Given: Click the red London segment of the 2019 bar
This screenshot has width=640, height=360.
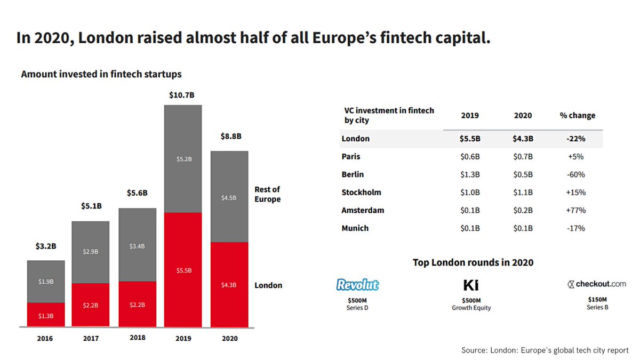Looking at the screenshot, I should click(183, 269).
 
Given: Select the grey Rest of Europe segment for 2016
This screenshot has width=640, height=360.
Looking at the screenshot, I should click(46, 282).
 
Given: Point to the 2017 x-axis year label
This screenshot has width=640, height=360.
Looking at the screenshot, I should click(91, 338).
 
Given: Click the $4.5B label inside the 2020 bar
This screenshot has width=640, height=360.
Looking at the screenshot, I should click(229, 197).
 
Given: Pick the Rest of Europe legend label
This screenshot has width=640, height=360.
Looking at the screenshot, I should click(268, 194).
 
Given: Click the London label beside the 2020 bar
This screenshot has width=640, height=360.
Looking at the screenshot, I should click(268, 285).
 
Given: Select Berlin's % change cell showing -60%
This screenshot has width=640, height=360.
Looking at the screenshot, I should click(577, 174).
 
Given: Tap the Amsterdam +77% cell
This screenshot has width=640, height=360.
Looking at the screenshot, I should click(577, 210).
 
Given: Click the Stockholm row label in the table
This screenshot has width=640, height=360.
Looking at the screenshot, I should click(361, 193).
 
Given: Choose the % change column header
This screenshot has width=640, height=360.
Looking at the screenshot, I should click(577, 115).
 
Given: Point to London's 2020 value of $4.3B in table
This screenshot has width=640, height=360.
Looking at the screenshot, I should click(523, 139).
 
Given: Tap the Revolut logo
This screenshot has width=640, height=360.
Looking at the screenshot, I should click(357, 285).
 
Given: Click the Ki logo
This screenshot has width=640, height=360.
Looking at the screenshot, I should click(470, 285).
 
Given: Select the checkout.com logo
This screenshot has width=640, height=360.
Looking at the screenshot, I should click(597, 284).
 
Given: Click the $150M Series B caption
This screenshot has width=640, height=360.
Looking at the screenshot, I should click(597, 303).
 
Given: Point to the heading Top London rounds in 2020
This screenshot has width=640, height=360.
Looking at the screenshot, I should click(473, 262).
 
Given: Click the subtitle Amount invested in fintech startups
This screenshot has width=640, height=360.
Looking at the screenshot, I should click(101, 74).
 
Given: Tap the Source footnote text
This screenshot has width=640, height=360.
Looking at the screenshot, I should click(545, 350).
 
